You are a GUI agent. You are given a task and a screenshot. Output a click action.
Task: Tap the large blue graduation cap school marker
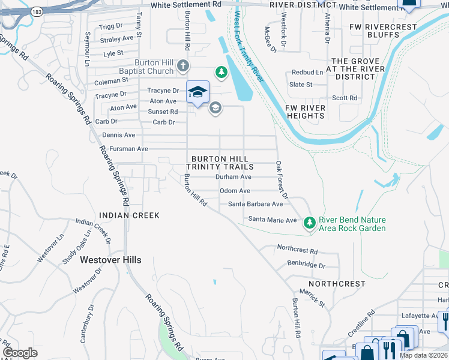pyautogui.click(x=197, y=92)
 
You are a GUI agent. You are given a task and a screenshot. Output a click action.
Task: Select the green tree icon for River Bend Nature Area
pyautogui.click(x=310, y=223)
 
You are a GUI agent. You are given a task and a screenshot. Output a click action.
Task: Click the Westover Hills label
pyautogui.click(x=111, y=260)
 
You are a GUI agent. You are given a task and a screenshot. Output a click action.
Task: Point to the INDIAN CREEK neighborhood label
pyautogui.click(x=129, y=215)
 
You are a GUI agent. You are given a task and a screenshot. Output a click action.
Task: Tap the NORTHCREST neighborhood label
pyautogui.click(x=337, y=283)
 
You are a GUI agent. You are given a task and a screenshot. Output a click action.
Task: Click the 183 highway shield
pyautogui.click(x=37, y=11)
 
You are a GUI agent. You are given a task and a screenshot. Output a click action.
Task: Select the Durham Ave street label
pyautogui.click(x=234, y=178)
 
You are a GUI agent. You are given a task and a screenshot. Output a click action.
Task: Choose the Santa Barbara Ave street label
pyautogui.click(x=255, y=204)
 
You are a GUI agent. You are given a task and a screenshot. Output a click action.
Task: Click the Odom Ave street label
pyautogui.click(x=235, y=191)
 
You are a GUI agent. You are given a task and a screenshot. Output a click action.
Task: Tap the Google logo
pyautogui.click(x=20, y=353)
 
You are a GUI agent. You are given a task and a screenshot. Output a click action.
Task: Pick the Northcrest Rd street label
pyautogui.click(x=297, y=248)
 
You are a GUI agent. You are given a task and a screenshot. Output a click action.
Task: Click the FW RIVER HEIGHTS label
pyautogui.click(x=305, y=112)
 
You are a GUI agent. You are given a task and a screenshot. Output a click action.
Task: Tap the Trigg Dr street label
pyautogui.click(x=110, y=26)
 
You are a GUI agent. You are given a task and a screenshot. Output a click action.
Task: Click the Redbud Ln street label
pyautogui.click(x=307, y=72)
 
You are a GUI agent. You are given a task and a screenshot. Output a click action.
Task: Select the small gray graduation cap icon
pyautogui.click(x=215, y=108)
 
